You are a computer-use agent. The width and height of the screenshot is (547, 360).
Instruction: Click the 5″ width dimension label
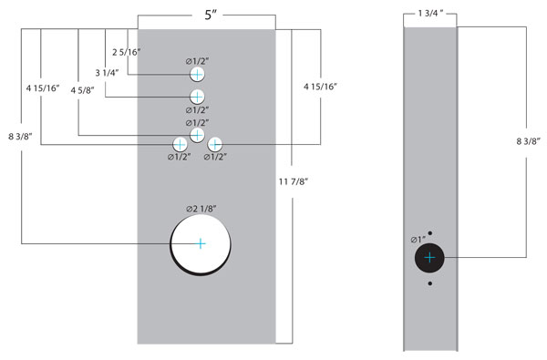coord(211,15)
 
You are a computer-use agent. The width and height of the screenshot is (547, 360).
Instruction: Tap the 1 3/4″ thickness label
coord(430,14)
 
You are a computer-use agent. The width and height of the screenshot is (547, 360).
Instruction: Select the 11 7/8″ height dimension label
coord(294,181)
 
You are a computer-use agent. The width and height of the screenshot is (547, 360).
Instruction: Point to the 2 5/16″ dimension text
coord(127,52)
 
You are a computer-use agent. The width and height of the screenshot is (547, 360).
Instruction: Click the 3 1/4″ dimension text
coord(107,73)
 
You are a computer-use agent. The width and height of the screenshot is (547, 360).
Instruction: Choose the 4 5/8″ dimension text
coord(82,90)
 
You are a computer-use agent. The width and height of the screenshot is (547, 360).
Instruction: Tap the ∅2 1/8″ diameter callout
coord(201,209)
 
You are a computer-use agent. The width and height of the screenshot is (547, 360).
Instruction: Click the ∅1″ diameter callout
coord(418,240)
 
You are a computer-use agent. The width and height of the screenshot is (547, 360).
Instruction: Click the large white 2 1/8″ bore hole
coord(201,244)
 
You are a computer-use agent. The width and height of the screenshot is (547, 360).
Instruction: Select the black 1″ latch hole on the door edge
coord(429,258)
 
